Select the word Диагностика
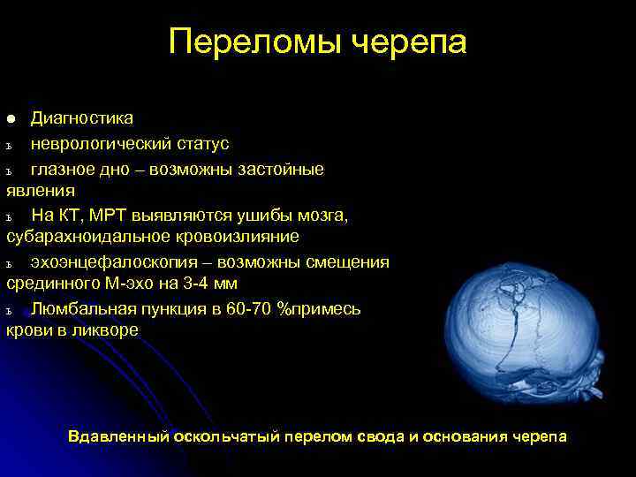[x=82, y=118]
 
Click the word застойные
[x=280, y=169]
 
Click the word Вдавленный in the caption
[x=117, y=436]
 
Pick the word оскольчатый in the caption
[x=226, y=436]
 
